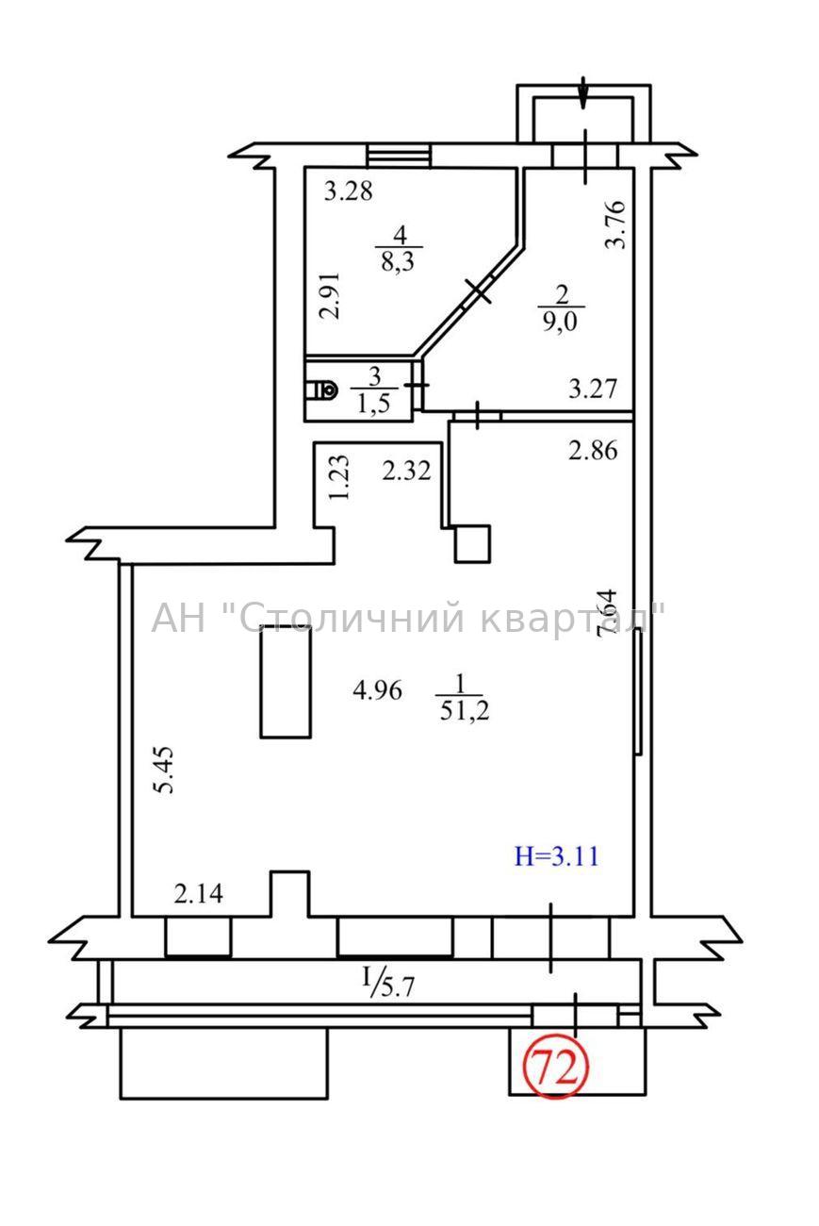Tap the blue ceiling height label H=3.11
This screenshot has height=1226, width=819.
[x=556, y=871]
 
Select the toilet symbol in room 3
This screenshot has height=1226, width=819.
[x=321, y=389]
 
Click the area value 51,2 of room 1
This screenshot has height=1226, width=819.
[x=464, y=710]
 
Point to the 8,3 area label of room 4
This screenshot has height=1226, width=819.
[x=399, y=261]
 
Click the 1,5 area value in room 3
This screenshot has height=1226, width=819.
[x=373, y=404]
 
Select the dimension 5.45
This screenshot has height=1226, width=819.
[x=163, y=769]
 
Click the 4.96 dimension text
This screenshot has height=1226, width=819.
[x=378, y=690]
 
